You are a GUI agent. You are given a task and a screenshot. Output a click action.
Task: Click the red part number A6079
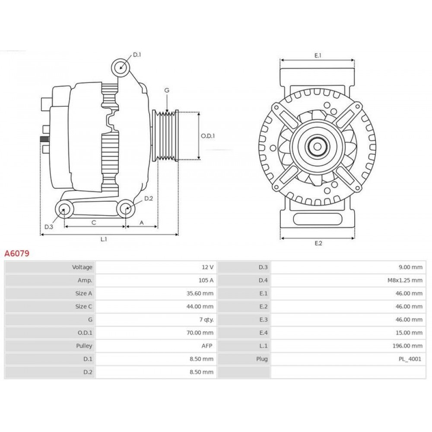coord(17,253)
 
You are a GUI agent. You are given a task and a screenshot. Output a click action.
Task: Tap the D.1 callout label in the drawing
coord(137,54)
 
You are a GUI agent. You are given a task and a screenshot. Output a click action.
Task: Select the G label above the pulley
coord(167,90)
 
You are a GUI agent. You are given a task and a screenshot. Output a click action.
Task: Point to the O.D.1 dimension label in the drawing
coord(208,136)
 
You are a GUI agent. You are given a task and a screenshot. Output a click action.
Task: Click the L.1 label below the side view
coord(104,239)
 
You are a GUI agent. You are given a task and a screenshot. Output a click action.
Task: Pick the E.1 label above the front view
coord(318,55)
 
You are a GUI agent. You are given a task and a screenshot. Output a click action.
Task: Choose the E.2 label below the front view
coord(318,243)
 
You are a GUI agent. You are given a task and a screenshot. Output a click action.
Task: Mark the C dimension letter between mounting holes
coord(94,222)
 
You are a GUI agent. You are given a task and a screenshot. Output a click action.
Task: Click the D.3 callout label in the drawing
coord(49,227)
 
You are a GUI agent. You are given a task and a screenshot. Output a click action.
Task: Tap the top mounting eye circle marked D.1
coord(121,67)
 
